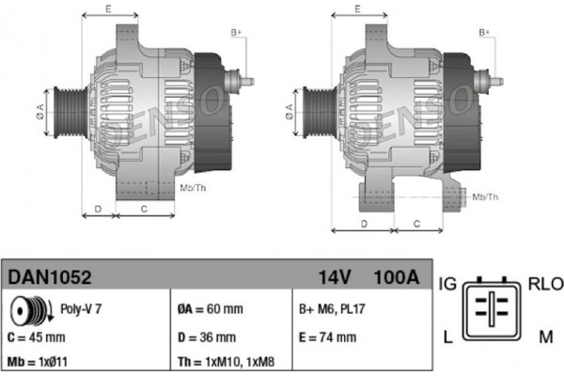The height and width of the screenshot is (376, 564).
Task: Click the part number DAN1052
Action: [x=50, y=277]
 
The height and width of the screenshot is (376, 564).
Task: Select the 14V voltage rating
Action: [x=334, y=277]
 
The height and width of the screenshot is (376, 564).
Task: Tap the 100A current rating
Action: [x=397, y=277]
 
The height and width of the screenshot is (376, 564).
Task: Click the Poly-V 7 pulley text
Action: [x=81, y=308]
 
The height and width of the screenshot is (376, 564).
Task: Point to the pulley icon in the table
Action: [x=32, y=309]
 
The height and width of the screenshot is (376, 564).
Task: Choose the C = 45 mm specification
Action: [x=37, y=337]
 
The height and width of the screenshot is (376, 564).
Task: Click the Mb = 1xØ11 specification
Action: [x=38, y=362]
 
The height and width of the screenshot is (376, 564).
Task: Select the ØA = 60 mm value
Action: [x=211, y=309]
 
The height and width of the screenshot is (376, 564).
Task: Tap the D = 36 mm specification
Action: [x=207, y=337]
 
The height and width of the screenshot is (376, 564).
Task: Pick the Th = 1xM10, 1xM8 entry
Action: [x=227, y=362]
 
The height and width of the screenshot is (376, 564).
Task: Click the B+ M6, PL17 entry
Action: [x=332, y=309]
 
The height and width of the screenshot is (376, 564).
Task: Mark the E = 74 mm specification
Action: [x=328, y=337]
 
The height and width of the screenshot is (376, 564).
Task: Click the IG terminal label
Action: [x=447, y=284]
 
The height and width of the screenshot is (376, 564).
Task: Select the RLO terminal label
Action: [x=545, y=284]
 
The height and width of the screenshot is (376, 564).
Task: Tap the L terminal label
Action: [x=447, y=337]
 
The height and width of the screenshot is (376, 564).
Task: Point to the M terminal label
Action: [x=545, y=337]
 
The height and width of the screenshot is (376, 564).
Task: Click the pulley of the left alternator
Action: [x=70, y=112]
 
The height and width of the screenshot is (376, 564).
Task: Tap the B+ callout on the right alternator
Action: [x=484, y=33]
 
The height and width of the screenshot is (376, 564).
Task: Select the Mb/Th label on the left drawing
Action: [x=193, y=187]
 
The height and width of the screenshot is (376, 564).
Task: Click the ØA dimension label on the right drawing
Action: [x=290, y=112]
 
